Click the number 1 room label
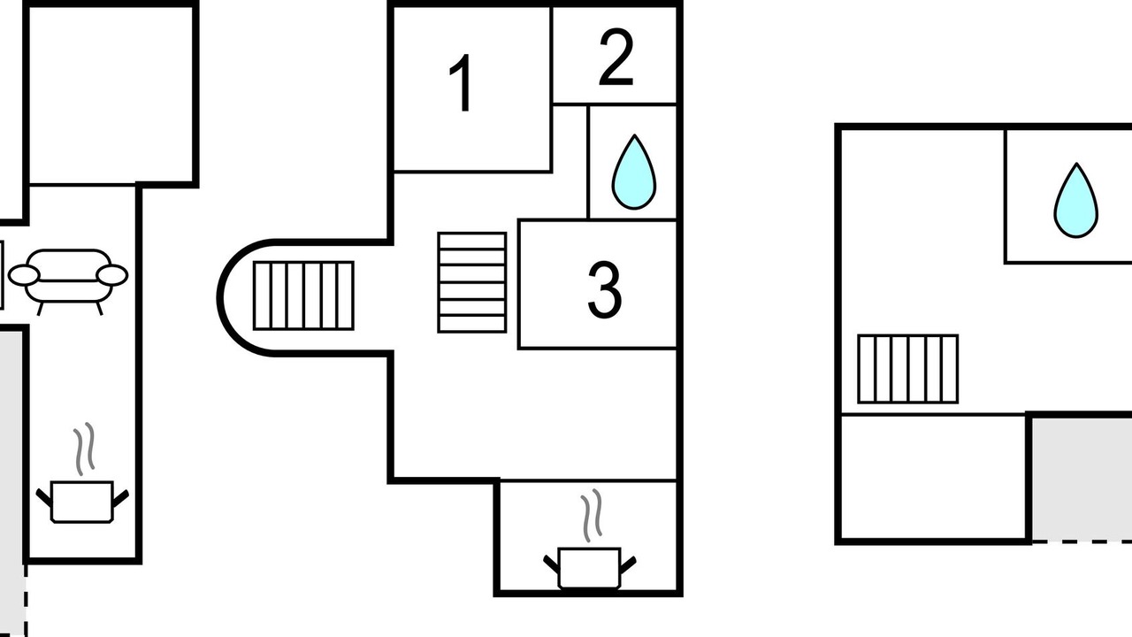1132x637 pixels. (x=461, y=83)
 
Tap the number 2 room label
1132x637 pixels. (x=616, y=57)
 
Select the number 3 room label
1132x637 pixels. (x=604, y=289)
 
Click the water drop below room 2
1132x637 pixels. (x=634, y=172)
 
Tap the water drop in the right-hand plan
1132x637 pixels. (x=1076, y=200)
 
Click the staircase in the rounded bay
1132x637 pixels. (x=303, y=295)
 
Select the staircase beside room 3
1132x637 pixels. (x=472, y=282)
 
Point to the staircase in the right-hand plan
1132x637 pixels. (x=908, y=369)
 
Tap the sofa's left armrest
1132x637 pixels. (x=24, y=275)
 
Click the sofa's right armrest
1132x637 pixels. (x=112, y=275)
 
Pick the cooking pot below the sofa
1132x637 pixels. (x=82, y=502)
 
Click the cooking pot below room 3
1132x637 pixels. (x=589, y=568)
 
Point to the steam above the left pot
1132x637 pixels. (x=84, y=449)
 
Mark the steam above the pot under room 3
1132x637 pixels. (x=592, y=516)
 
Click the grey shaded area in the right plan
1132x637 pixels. (x=1082, y=479)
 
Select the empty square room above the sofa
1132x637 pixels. (x=111, y=95)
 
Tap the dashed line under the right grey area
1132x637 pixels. (x=1082, y=541)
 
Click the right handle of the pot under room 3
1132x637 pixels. (x=628, y=564)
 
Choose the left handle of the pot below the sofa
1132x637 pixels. (x=44, y=498)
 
